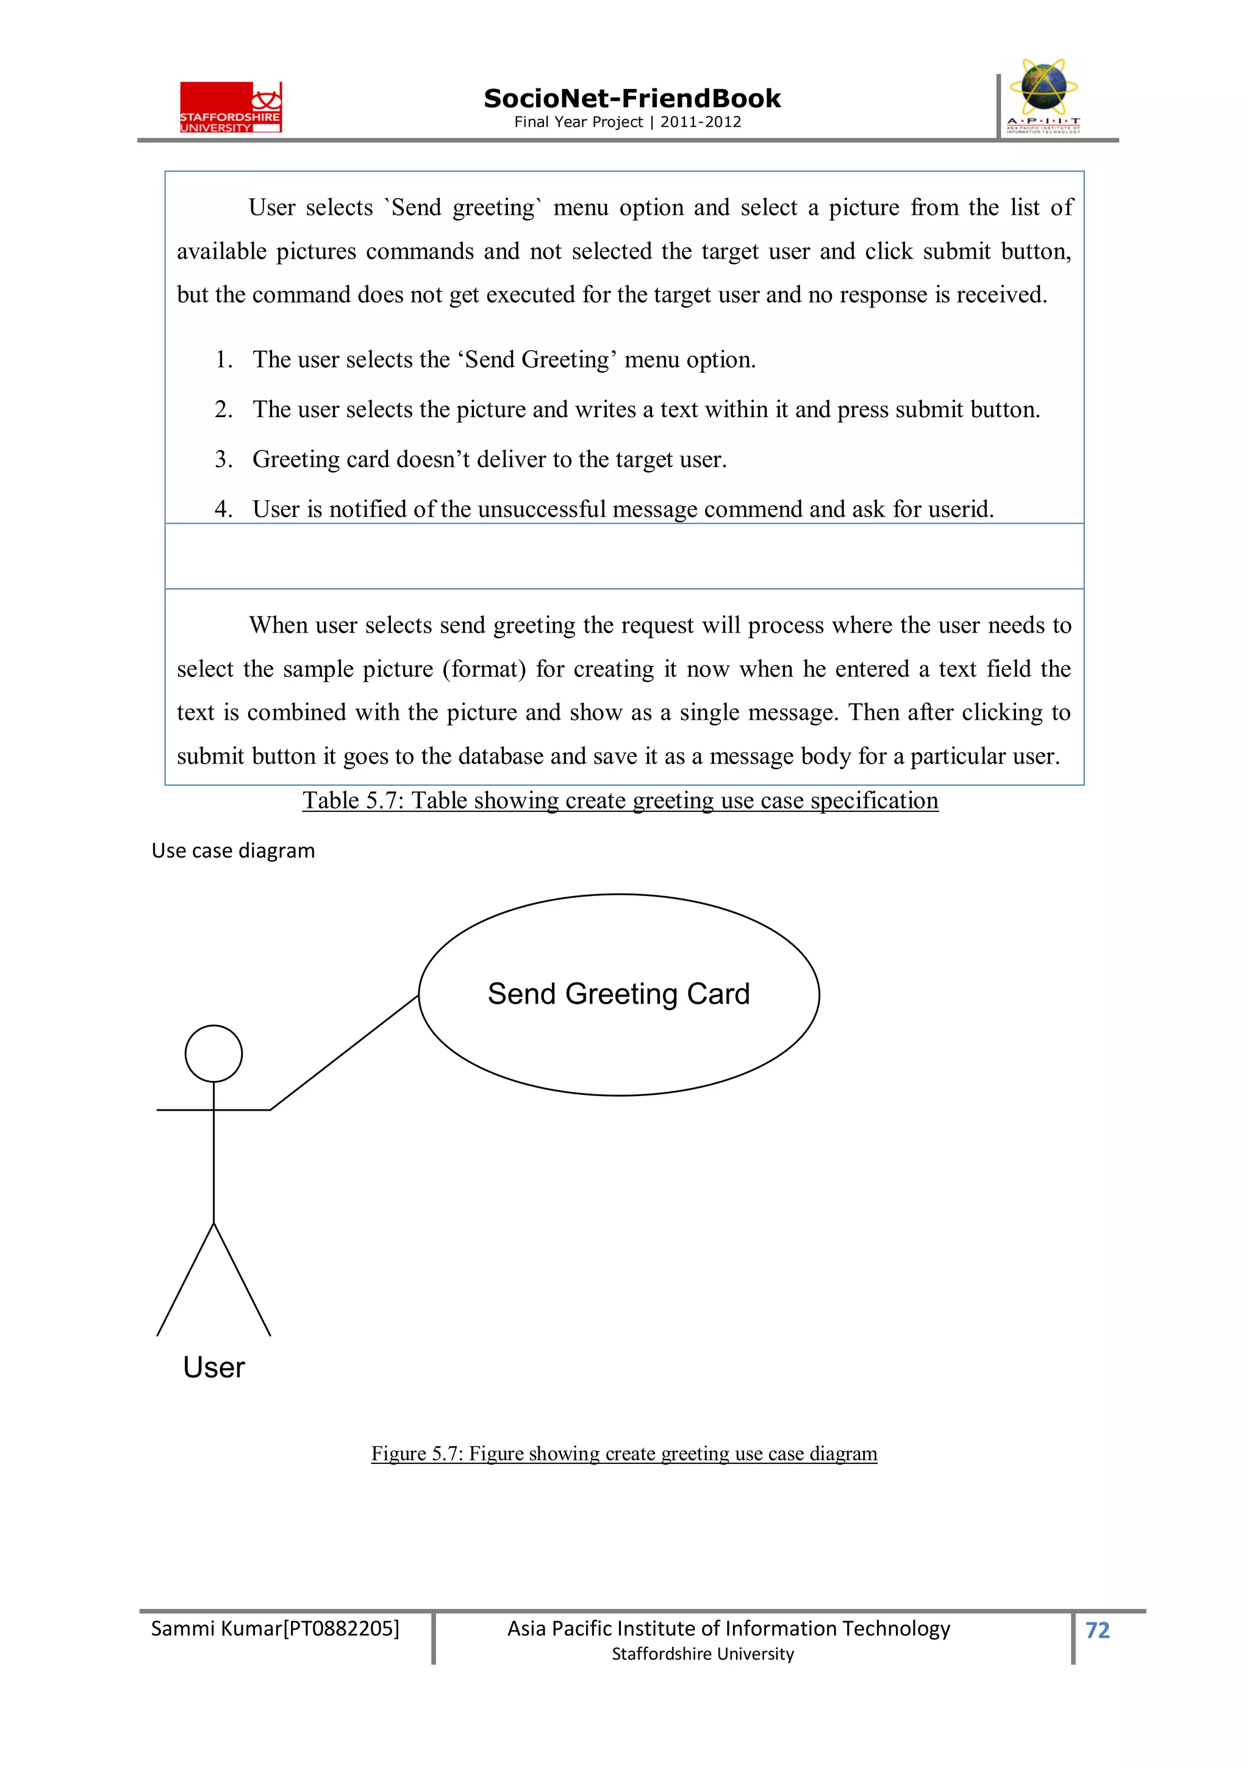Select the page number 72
(x=1097, y=1629)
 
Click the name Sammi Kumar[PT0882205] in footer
(x=274, y=1628)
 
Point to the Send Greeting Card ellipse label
(x=618, y=994)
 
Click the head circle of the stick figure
(x=213, y=1053)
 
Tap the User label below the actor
(x=213, y=1367)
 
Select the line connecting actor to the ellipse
(x=343, y=1053)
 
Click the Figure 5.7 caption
(x=623, y=1453)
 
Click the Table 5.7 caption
(x=620, y=800)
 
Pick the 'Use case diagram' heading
(x=233, y=850)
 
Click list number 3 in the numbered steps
(x=223, y=459)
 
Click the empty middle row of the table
(x=623, y=556)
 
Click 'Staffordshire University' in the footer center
(x=702, y=1654)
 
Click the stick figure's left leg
(x=185, y=1279)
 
